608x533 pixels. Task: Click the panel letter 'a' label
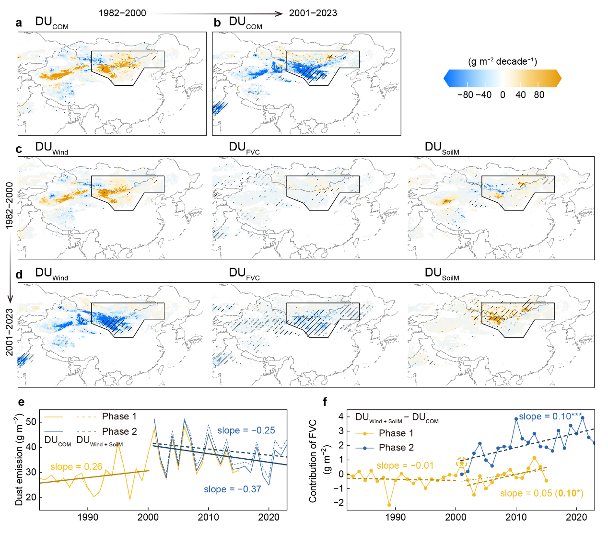pyautogui.click(x=19, y=23)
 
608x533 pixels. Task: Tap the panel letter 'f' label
pyautogui.click(x=326, y=402)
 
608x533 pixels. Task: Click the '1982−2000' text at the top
pyautogui.click(x=122, y=13)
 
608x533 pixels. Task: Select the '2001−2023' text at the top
pyautogui.click(x=313, y=13)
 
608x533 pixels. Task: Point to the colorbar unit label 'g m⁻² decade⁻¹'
pyautogui.click(x=503, y=61)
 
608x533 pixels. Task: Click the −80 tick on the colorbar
pyautogui.click(x=465, y=95)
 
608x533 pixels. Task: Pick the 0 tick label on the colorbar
pyautogui.click(x=503, y=95)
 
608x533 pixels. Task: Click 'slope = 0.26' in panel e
pyautogui.click(x=76, y=466)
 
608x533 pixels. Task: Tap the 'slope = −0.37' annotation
pyautogui.click(x=232, y=489)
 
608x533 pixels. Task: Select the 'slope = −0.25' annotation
pyautogui.click(x=246, y=430)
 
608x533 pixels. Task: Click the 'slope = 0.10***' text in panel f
pyautogui.click(x=550, y=417)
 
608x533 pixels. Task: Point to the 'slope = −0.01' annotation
pyautogui.click(x=405, y=465)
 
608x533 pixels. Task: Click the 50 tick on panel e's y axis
pyautogui.click(x=31, y=422)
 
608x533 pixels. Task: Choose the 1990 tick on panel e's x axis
pyautogui.click(x=88, y=517)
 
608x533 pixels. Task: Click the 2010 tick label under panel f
pyautogui.click(x=516, y=517)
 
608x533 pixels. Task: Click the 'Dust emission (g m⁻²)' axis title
pyautogui.click(x=19, y=459)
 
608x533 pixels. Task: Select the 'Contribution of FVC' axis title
pyautogui.click(x=313, y=461)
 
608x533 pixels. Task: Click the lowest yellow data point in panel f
pyautogui.click(x=389, y=505)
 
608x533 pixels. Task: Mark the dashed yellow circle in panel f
pyautogui.click(x=462, y=463)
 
